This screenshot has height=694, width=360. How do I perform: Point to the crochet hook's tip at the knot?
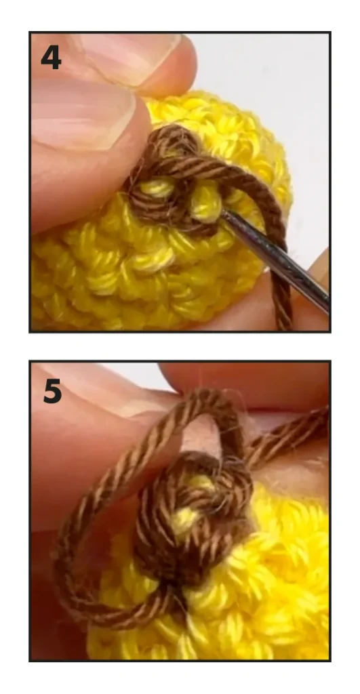[x=224, y=212]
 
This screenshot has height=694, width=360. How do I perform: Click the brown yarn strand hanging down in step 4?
[x=283, y=283]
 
